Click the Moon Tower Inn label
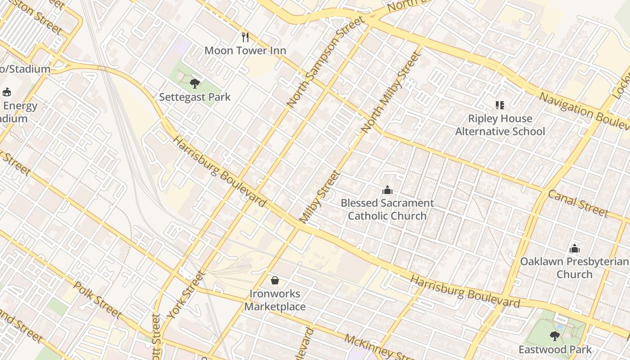click(x=245, y=50)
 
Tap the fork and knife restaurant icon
click(x=245, y=37)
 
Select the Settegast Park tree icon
click(x=195, y=83)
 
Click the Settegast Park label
click(x=195, y=97)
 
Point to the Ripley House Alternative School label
click(x=500, y=125)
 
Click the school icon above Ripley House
click(x=499, y=105)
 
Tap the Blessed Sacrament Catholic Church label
click(x=387, y=209)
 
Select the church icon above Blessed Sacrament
click(x=387, y=190)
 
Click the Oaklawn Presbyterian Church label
click(x=574, y=268)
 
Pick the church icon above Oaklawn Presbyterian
click(x=574, y=248)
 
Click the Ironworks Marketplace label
click(x=275, y=300)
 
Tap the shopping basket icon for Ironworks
click(x=275, y=280)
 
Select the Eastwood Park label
click(x=555, y=350)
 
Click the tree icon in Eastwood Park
click(x=555, y=335)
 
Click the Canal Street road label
click(x=578, y=203)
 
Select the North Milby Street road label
click(x=391, y=92)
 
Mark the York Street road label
click(x=185, y=295)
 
